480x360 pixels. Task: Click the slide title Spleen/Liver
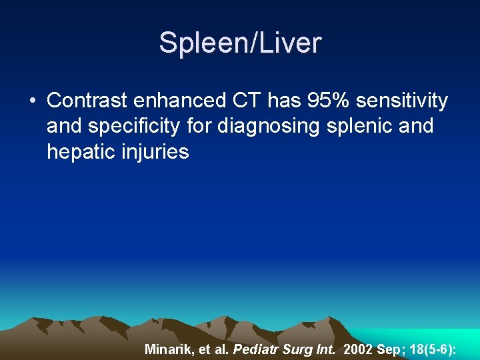coord(240,43)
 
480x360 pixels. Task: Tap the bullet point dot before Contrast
coord(32,101)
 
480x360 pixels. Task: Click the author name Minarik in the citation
coord(168,348)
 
